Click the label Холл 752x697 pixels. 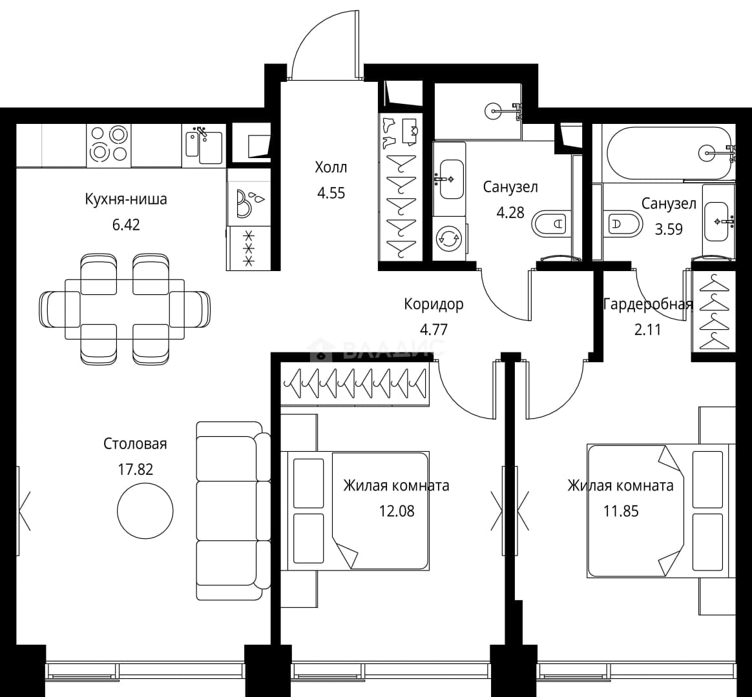[x=330, y=168]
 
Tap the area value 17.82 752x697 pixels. [x=136, y=469]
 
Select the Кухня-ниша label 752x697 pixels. [x=125, y=199]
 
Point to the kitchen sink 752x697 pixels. [x=204, y=146]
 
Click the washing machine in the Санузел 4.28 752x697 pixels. [x=449, y=238]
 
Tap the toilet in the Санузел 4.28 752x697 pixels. [x=550, y=223]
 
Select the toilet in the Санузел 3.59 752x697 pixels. [x=623, y=223]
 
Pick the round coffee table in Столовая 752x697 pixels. [x=145, y=510]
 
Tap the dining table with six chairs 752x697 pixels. [x=125, y=310]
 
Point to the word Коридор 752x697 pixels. [x=433, y=304]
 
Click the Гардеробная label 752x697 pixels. [x=648, y=304]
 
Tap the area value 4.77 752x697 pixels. [x=433, y=330]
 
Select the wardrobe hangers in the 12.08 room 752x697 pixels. [x=355, y=383]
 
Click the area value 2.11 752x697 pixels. [x=647, y=330]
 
